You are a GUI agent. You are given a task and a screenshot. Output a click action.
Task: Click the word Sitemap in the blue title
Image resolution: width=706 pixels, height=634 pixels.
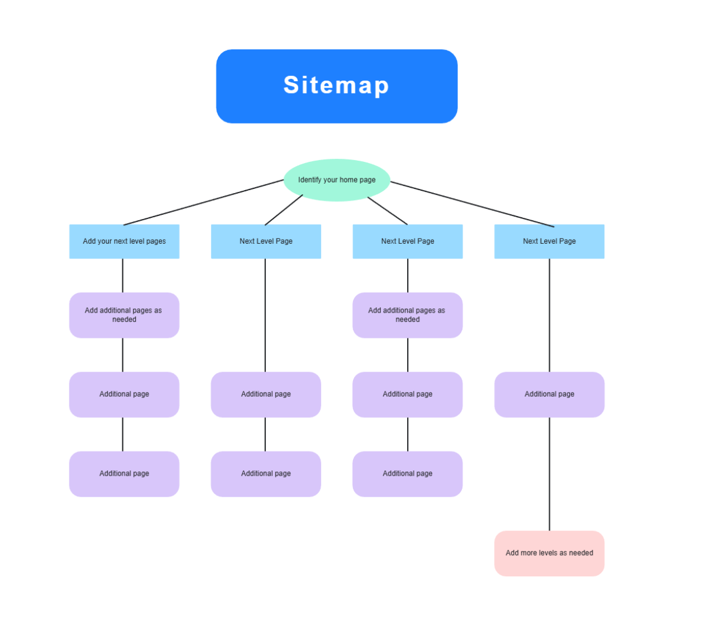point(336,85)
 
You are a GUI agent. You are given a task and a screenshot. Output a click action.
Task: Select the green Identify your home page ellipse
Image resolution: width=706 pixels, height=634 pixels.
point(337,180)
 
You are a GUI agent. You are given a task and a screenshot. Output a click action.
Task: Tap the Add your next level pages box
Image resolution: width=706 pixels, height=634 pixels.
point(124,241)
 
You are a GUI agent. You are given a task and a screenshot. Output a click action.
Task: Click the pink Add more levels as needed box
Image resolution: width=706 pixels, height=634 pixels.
point(549,553)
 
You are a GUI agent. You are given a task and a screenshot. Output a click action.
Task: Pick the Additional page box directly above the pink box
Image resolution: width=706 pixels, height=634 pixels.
point(549,394)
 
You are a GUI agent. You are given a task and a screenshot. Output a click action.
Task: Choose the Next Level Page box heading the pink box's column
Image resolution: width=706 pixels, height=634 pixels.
point(549,241)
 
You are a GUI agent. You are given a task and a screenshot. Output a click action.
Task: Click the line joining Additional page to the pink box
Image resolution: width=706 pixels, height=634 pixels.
point(550,474)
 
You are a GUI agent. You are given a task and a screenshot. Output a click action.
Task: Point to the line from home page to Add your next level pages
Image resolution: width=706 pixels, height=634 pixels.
point(203,203)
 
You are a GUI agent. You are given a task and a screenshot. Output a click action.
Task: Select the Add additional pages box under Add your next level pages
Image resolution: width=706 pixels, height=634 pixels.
point(124,315)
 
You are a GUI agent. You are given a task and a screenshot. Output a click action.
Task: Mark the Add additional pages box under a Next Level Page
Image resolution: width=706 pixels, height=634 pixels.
point(407,315)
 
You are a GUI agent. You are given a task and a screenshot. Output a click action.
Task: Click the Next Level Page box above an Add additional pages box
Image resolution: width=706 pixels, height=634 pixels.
point(407,241)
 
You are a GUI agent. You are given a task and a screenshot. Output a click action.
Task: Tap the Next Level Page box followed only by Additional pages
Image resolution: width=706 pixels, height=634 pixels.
point(266,241)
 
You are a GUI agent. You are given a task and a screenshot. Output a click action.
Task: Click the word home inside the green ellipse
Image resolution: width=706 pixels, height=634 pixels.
point(348,180)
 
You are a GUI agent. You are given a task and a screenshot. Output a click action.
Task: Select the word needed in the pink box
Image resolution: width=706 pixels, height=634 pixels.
point(581,553)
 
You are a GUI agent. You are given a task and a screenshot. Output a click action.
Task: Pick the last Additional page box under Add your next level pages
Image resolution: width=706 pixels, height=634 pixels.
point(124,474)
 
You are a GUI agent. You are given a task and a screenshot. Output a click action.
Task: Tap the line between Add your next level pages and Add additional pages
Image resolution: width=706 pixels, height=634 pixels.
point(123,275)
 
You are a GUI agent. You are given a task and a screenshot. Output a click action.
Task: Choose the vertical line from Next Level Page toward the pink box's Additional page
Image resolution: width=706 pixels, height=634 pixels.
point(550,315)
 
